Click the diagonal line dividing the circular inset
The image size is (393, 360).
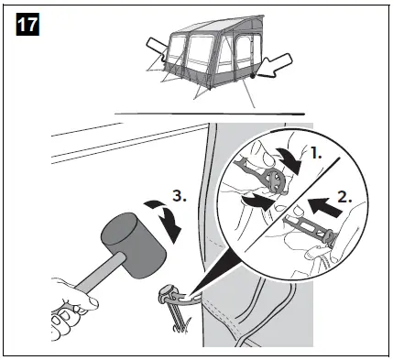click(x=293, y=192)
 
